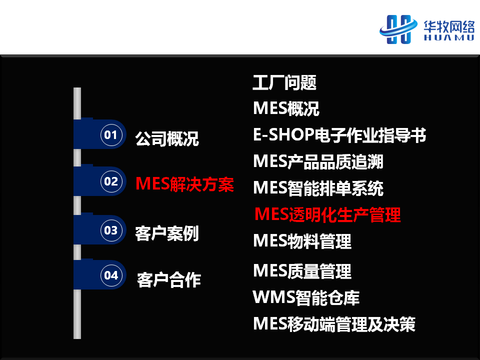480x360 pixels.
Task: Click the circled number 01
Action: click(111, 134)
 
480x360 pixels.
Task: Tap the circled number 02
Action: click(111, 181)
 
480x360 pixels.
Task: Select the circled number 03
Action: click(111, 230)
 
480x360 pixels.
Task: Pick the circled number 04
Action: click(111, 275)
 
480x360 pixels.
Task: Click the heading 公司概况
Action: click(167, 138)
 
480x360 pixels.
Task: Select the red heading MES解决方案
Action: click(184, 184)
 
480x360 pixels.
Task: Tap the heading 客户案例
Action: click(167, 233)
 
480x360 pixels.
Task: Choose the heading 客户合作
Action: click(169, 280)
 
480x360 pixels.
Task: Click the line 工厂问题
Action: click(284, 82)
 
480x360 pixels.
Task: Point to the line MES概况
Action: click(286, 108)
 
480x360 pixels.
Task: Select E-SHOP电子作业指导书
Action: click(339, 134)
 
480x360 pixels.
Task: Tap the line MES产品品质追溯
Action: click(318, 161)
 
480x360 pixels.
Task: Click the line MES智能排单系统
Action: click(318, 188)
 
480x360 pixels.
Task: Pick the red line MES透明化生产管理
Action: click(327, 214)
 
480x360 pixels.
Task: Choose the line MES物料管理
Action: click(302, 241)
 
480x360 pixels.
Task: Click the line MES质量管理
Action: click(302, 271)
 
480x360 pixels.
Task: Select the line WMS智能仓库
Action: click(306, 297)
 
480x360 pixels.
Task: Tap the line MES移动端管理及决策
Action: click(334, 324)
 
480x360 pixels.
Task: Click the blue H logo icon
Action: click(398, 29)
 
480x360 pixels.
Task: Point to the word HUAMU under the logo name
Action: click(449, 37)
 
